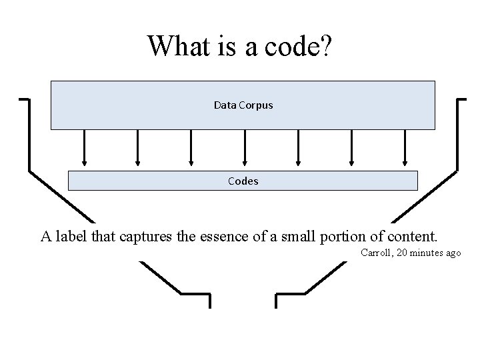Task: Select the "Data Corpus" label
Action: (243, 105)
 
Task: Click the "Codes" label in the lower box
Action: (243, 181)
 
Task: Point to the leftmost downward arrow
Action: (85, 147)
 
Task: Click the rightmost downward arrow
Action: (405, 147)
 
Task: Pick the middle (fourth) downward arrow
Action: (245, 147)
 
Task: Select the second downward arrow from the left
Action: (138, 147)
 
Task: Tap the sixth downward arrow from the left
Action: (352, 147)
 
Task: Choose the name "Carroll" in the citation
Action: (376, 253)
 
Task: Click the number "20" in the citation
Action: (401, 253)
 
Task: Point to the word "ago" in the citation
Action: (453, 253)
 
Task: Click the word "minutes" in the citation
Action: (427, 253)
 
